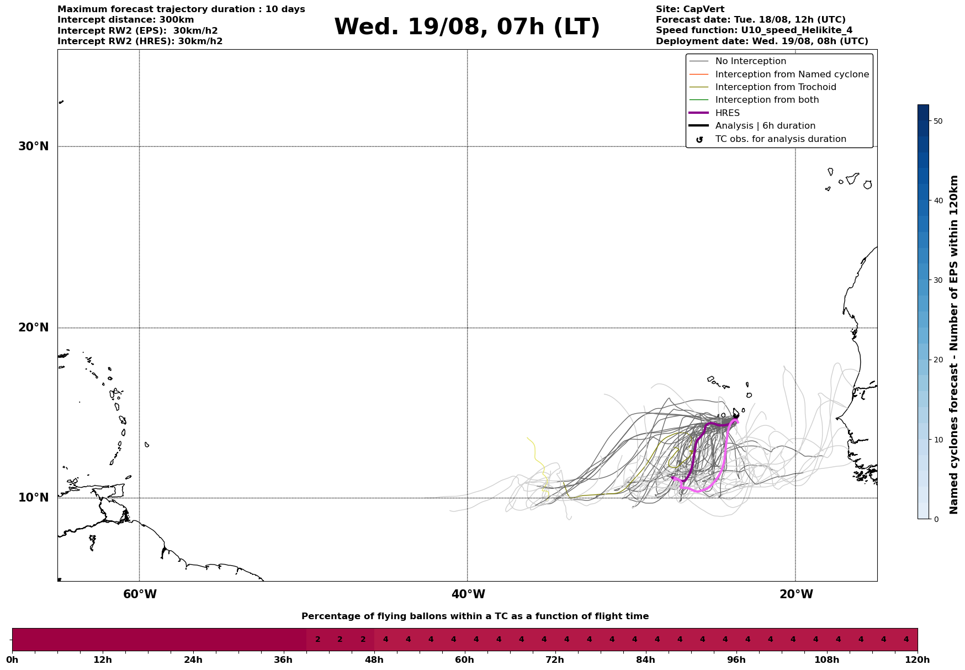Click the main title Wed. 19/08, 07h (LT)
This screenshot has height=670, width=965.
pyautogui.click(x=466, y=27)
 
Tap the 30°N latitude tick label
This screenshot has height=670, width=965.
pyautogui.click(x=34, y=146)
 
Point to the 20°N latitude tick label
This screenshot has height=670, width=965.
pyautogui.click(x=34, y=328)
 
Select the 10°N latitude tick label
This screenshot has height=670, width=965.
pyautogui.click(x=34, y=498)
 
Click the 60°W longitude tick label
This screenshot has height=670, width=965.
pyautogui.click(x=140, y=594)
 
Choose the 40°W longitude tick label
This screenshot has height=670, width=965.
pyautogui.click(x=468, y=594)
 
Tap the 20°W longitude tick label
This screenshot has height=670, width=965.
pyautogui.click(x=796, y=594)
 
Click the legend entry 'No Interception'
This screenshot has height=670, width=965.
pyautogui.click(x=751, y=61)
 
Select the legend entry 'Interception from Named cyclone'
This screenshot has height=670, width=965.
pyautogui.click(x=792, y=75)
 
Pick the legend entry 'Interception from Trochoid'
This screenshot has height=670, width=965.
pyautogui.click(x=776, y=87)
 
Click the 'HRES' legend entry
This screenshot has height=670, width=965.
pyautogui.click(x=728, y=113)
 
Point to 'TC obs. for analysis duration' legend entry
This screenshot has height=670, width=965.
pyautogui.click(x=781, y=139)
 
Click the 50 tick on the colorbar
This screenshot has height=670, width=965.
pyautogui.click(x=937, y=121)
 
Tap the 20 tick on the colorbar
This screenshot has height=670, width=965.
pyautogui.click(x=937, y=360)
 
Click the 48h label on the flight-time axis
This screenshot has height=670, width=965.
pyautogui.click(x=374, y=660)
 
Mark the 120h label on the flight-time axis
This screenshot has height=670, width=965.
pyautogui.click(x=918, y=660)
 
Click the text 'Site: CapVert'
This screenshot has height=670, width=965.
pyautogui.click(x=690, y=9)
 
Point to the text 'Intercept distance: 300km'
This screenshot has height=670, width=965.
pyautogui.click(x=126, y=20)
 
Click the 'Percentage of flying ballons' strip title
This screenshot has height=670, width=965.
pyautogui.click(x=475, y=616)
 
